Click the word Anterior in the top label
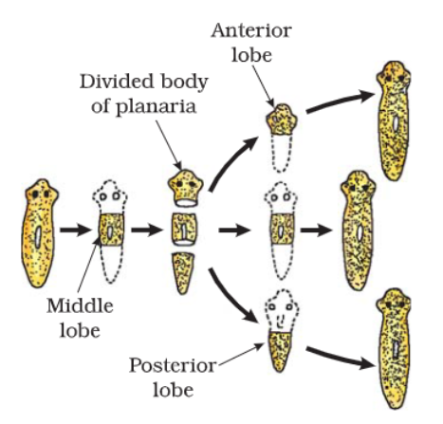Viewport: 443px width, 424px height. point(251,30)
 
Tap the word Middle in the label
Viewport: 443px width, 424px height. point(80,306)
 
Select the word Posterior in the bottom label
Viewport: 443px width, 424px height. point(173,365)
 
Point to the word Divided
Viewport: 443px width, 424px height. point(117,82)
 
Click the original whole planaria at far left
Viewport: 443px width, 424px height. point(39,233)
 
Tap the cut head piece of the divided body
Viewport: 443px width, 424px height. point(186,189)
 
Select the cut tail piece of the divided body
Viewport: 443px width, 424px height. point(184,273)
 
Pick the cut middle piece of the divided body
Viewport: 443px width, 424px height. point(185,230)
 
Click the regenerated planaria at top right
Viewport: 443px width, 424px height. point(393,120)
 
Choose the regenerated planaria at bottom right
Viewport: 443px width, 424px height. point(393,348)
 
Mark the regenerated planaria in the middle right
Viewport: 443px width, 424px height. point(359,230)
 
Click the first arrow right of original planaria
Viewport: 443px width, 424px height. point(76,230)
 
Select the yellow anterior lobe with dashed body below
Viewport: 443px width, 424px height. point(282,120)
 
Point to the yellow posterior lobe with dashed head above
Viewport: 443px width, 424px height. point(280,351)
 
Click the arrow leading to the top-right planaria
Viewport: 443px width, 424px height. point(340,101)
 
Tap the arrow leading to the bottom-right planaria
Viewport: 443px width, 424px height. point(340,358)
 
